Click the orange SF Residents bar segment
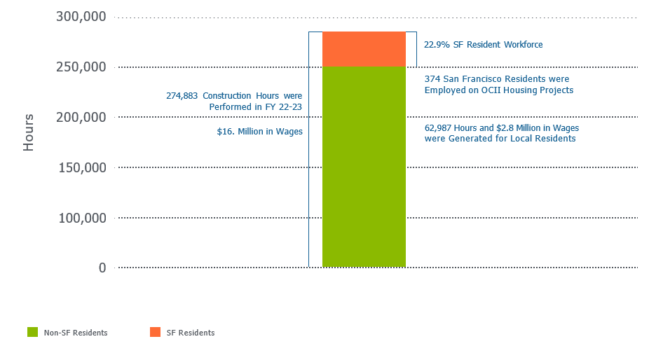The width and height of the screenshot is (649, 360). coord(364,49)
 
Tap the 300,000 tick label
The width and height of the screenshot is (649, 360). coord(81,17)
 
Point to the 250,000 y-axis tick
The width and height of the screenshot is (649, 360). coord(81,67)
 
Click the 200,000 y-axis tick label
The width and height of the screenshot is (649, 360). coord(81,118)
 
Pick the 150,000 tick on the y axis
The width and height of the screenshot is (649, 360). coord(81,168)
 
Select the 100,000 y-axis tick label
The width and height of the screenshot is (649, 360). coord(81,219)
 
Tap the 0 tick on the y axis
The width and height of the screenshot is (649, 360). coord(102,268)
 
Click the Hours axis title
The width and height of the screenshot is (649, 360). coord(29,132)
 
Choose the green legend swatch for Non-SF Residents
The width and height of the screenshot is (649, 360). coord(33,332)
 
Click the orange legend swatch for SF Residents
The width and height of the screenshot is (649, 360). coord(155,332)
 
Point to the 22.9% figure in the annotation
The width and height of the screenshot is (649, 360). coord(436,45)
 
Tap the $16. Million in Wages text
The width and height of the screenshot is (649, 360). coord(259,131)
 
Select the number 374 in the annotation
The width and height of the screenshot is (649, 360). coord(432,79)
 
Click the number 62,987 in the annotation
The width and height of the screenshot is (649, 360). coord(439,128)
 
